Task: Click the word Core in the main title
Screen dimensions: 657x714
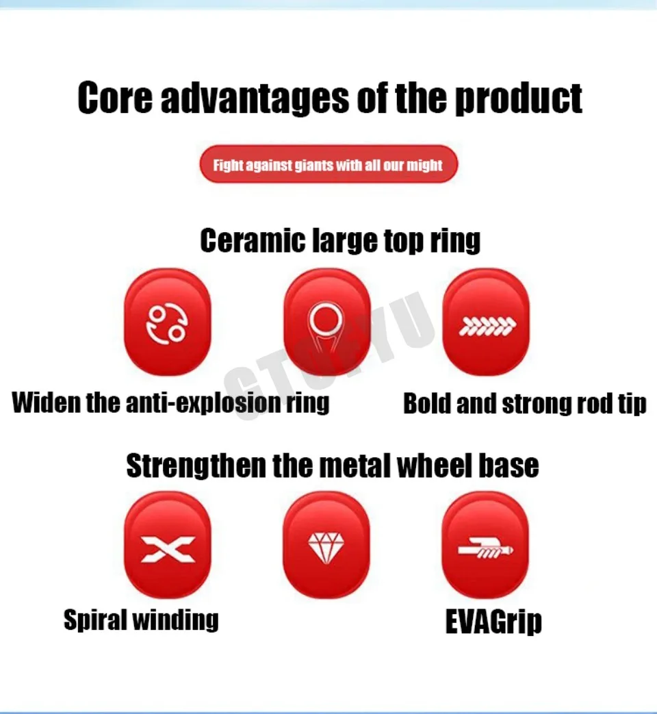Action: pyautogui.click(x=115, y=97)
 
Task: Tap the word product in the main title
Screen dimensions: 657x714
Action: pyautogui.click(x=519, y=99)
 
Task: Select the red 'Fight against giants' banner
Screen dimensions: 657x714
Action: pyautogui.click(x=328, y=164)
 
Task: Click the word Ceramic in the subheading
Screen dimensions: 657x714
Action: pyautogui.click(x=253, y=240)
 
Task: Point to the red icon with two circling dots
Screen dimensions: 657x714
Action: pyautogui.click(x=168, y=322)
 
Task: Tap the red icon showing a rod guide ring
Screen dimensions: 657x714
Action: pyautogui.click(x=327, y=322)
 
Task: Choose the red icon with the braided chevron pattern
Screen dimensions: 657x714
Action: pyautogui.click(x=487, y=322)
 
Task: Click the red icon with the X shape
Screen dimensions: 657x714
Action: pyautogui.click(x=168, y=545)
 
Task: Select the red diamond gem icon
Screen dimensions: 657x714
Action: pyautogui.click(x=326, y=545)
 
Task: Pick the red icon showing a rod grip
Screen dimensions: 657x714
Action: pyautogui.click(x=485, y=545)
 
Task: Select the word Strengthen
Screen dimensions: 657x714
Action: pyautogui.click(x=196, y=466)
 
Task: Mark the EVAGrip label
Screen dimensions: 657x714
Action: pyautogui.click(x=493, y=621)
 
